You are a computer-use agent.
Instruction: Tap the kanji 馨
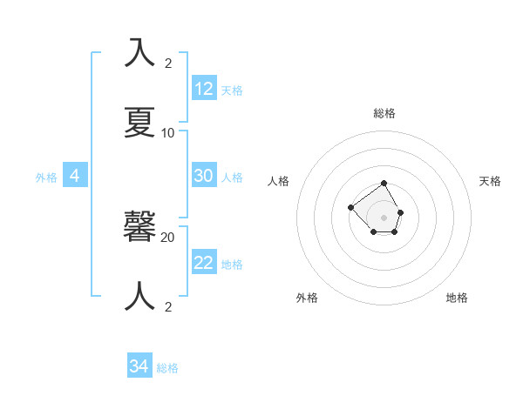[140, 227]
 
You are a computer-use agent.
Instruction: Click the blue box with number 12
[204, 88]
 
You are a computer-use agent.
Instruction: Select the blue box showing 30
[204, 175]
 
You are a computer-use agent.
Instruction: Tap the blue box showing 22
[204, 263]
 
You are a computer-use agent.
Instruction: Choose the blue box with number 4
[75, 176]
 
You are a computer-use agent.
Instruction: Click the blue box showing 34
[139, 366]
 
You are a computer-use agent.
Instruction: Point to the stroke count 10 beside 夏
[168, 133]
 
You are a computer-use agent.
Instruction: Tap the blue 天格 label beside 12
[232, 90]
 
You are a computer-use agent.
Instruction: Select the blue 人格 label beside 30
[232, 177]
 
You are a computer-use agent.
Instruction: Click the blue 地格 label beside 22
[232, 265]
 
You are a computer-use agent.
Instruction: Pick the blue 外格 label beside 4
[46, 177]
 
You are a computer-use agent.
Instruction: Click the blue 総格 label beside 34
[167, 368]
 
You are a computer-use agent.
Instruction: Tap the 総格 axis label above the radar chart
[384, 113]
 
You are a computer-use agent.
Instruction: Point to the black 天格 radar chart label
[490, 181]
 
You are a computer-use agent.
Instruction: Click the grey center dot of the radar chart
[384, 217]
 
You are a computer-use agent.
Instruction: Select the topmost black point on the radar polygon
[384, 184]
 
